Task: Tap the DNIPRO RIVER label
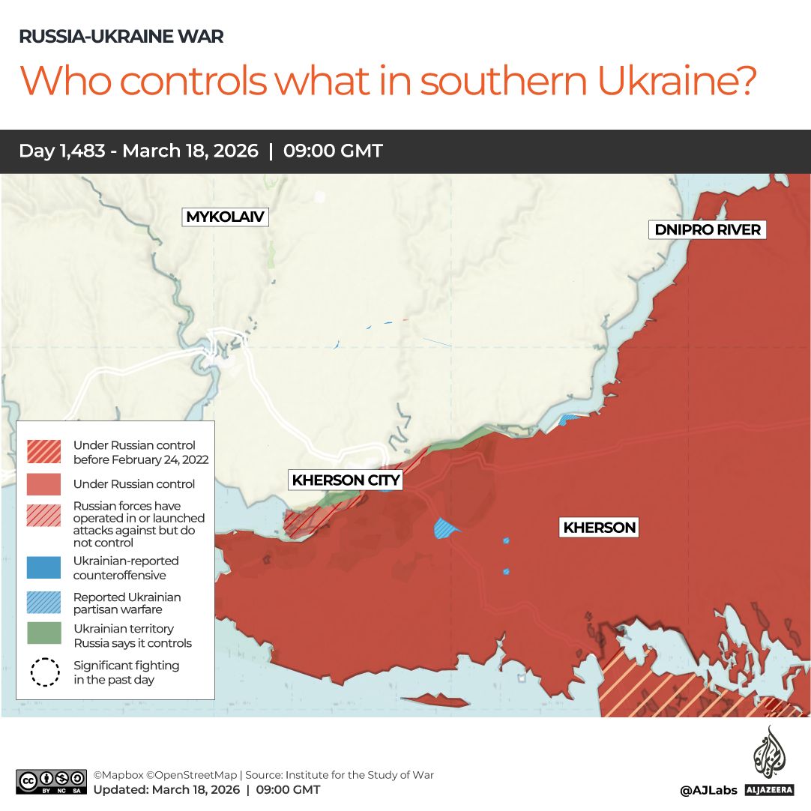click(708, 230)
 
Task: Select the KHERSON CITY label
click(346, 480)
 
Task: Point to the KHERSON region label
click(600, 528)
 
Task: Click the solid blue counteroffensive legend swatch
click(44, 567)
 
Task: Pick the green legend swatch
click(44, 633)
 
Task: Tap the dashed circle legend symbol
click(44, 672)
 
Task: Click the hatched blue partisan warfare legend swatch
click(44, 603)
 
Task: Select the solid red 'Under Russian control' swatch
click(44, 484)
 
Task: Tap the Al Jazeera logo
click(769, 761)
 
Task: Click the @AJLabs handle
click(708, 790)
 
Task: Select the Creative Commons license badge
click(52, 782)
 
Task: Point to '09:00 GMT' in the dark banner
click(333, 151)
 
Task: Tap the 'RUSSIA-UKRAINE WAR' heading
click(121, 37)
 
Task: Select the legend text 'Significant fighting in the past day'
click(126, 672)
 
